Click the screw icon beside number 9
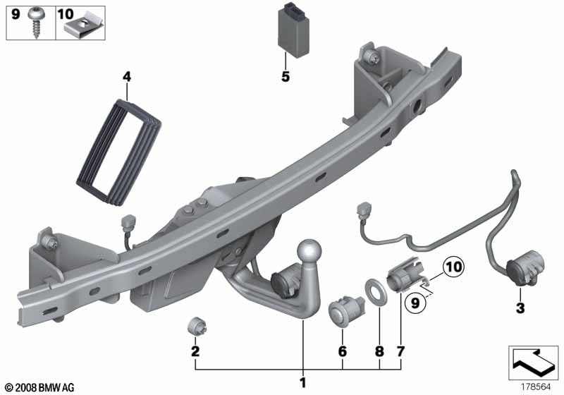pyautogui.click(x=37, y=22)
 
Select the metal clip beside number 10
pyautogui.click(x=84, y=28)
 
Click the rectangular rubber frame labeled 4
pyautogui.click(x=118, y=152)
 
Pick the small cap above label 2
pyautogui.click(x=198, y=326)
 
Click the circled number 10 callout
pyautogui.click(x=453, y=267)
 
